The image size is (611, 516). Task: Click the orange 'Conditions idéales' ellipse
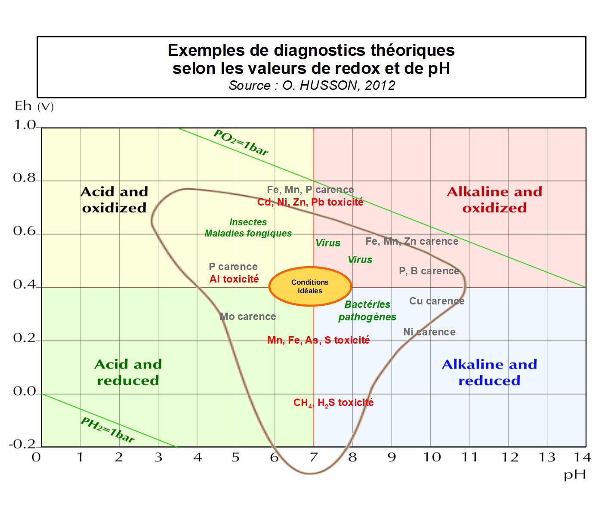point(310,286)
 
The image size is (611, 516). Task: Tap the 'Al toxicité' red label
point(234,279)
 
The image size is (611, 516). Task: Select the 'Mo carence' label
point(248,316)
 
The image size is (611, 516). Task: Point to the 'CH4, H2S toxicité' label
point(333,403)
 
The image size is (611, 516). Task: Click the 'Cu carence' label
point(437,301)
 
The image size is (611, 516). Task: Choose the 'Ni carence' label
point(429,332)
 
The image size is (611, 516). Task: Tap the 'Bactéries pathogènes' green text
point(367,310)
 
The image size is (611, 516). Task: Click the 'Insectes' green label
point(248,222)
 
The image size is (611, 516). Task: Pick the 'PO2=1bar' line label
point(241,142)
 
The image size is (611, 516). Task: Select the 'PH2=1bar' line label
point(108,430)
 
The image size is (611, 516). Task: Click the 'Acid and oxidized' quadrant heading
point(114,200)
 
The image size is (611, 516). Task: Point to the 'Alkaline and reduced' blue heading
point(489,372)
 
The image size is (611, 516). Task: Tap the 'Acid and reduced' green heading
point(128,372)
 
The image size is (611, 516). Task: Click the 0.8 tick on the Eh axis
point(24,178)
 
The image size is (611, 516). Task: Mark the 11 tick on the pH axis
point(470,457)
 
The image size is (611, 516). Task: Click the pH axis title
point(575,475)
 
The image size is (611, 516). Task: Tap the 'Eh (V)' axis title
point(34,106)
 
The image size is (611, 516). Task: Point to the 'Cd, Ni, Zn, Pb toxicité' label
point(310,202)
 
